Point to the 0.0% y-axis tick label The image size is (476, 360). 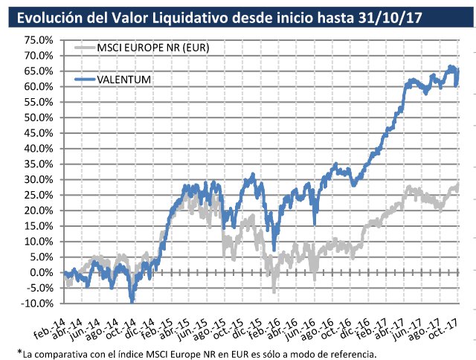click(37, 272)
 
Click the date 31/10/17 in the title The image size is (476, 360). click(393, 16)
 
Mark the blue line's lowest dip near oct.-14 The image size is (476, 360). click(132, 300)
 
